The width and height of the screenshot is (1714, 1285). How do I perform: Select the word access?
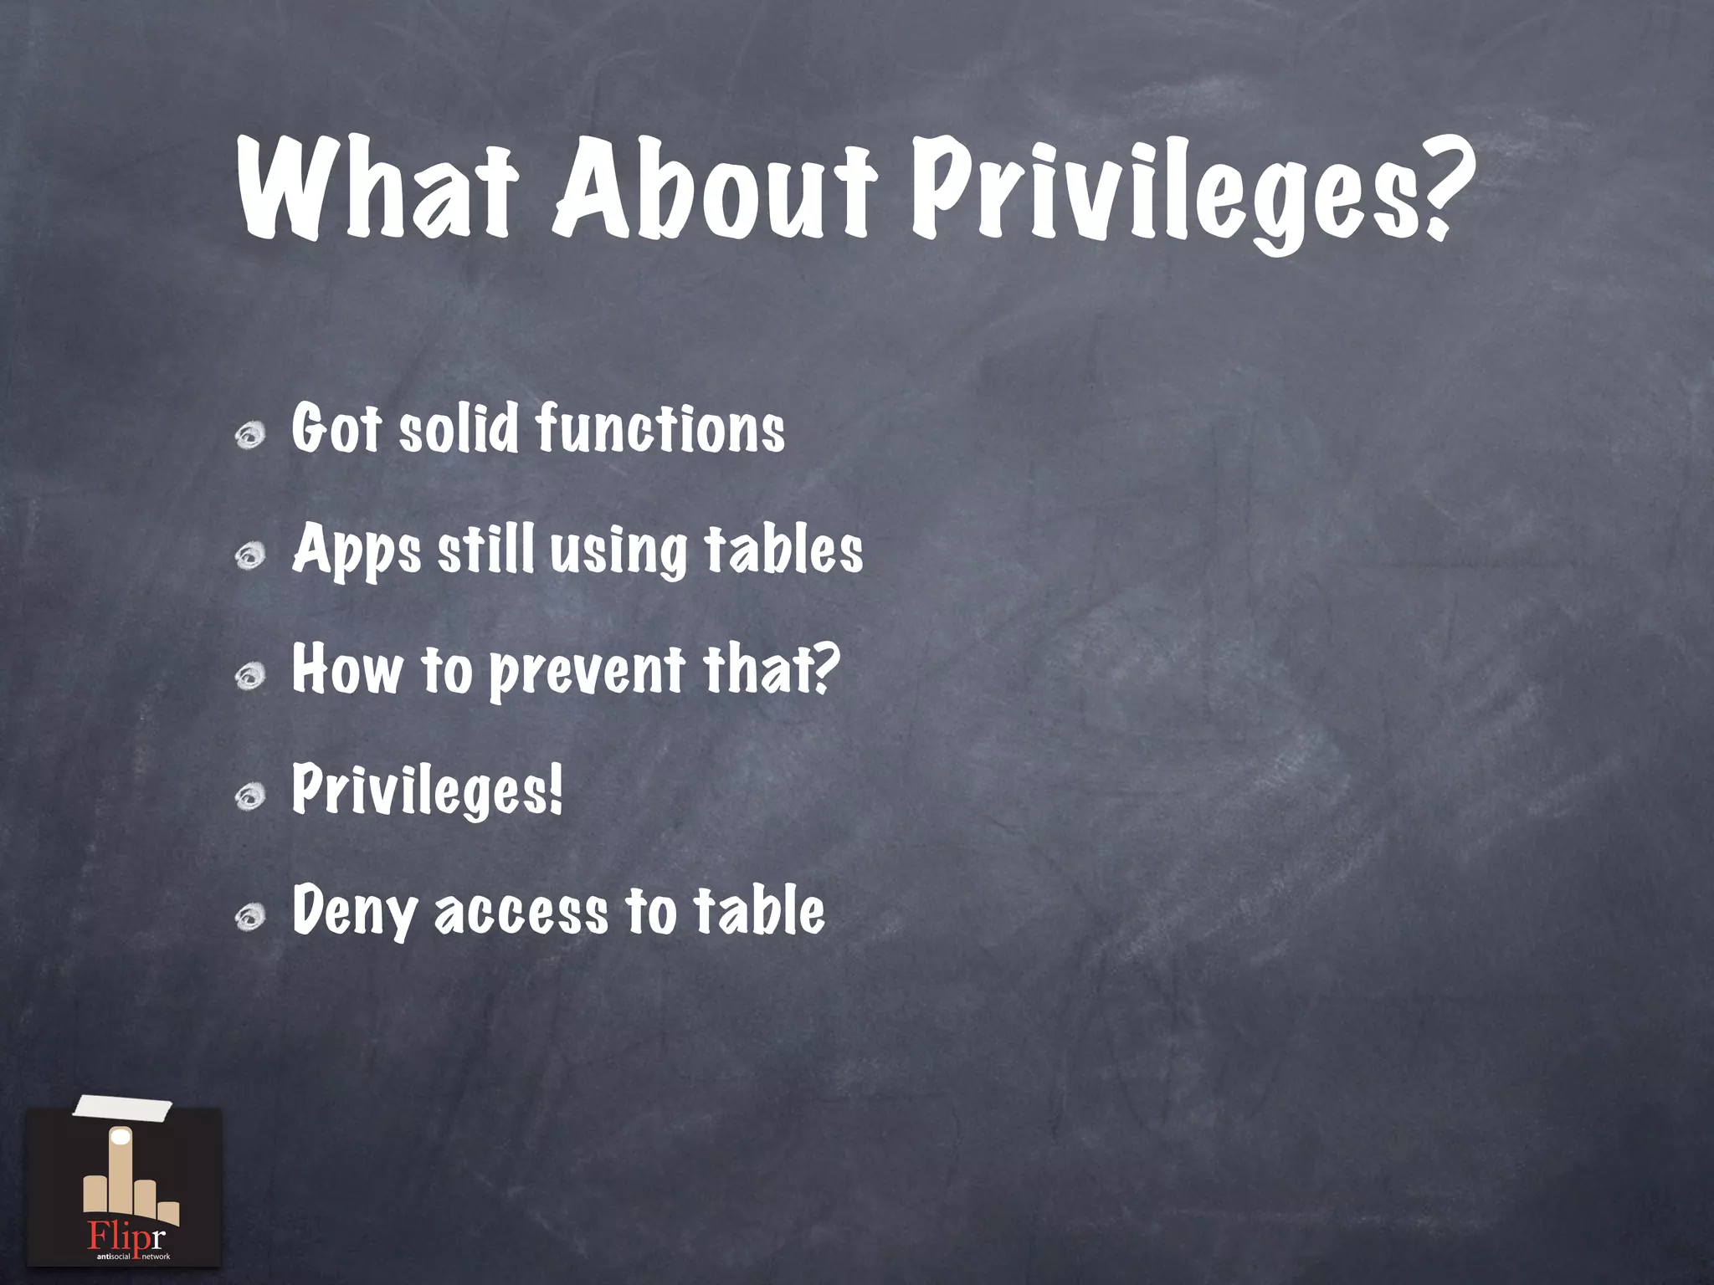pyautogui.click(x=521, y=914)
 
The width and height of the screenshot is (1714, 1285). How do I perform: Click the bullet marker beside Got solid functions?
pyautogui.click(x=249, y=435)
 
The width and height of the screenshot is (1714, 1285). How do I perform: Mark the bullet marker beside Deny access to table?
pyautogui.click(x=249, y=918)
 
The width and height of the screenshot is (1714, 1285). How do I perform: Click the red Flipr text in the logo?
pyautogui.click(x=126, y=1236)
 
